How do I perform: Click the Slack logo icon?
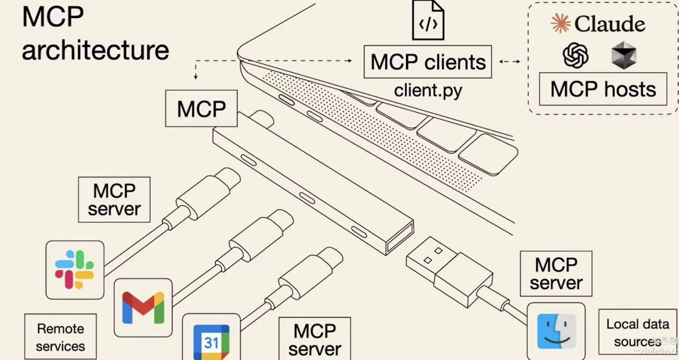[x=75, y=270]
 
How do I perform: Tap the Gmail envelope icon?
[x=143, y=307]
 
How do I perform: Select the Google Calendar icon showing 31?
[x=211, y=342]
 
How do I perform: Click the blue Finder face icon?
[x=556, y=332]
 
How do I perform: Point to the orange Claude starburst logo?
[x=560, y=24]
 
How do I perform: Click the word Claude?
[x=609, y=24]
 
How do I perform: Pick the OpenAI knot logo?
[x=575, y=56]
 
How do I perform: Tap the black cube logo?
[x=623, y=56]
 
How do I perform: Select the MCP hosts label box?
[x=603, y=89]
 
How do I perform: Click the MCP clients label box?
[x=428, y=62]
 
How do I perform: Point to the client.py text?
[x=428, y=91]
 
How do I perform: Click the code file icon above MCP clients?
[x=428, y=21]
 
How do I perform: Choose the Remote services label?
[x=61, y=337]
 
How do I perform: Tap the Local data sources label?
[x=637, y=332]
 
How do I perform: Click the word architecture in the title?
[x=95, y=50]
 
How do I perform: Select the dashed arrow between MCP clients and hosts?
[x=509, y=61]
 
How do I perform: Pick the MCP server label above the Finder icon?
[x=556, y=274]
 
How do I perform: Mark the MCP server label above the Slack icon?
[x=114, y=199]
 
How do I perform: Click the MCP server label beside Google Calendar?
[x=314, y=339]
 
